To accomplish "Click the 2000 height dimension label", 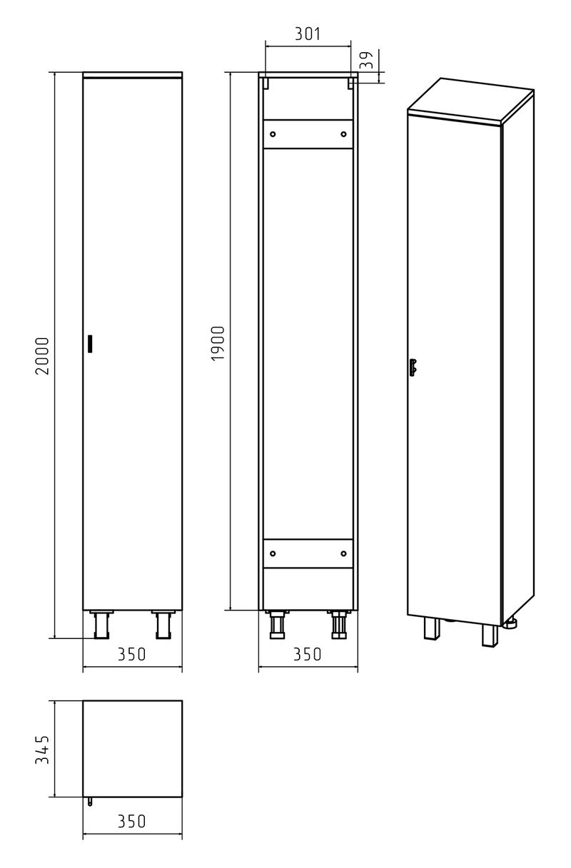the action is click(x=43, y=356).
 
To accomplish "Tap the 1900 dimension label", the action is click(x=218, y=343).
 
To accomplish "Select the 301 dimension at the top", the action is click(x=308, y=34).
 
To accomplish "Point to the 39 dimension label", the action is click(x=366, y=60).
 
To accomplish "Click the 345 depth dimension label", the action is click(x=42, y=750).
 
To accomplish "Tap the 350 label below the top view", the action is click(x=132, y=821).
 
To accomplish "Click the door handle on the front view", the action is click(x=90, y=344).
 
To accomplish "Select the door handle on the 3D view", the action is click(x=413, y=367).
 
